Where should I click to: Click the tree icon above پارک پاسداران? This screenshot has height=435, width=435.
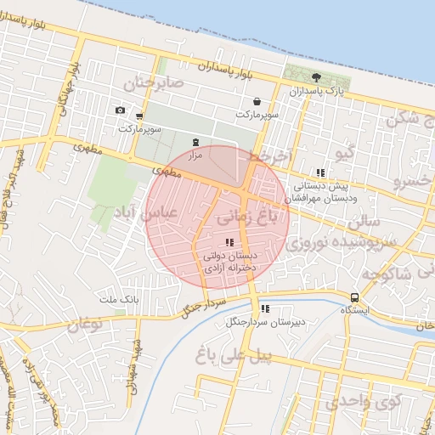(317, 77)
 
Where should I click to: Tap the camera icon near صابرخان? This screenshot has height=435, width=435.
(120, 110)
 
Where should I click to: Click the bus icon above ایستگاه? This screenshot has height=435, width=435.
(354, 298)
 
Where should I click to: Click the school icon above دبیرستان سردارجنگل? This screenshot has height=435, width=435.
(265, 309)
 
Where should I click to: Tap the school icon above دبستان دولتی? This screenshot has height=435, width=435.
(228, 242)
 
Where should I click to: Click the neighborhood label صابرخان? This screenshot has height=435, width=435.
(154, 84)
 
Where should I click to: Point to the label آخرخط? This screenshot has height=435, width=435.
(271, 157)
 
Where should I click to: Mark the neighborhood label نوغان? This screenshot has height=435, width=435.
(85, 324)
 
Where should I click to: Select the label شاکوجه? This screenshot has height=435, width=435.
(399, 273)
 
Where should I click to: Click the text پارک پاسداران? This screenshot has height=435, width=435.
(318, 91)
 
